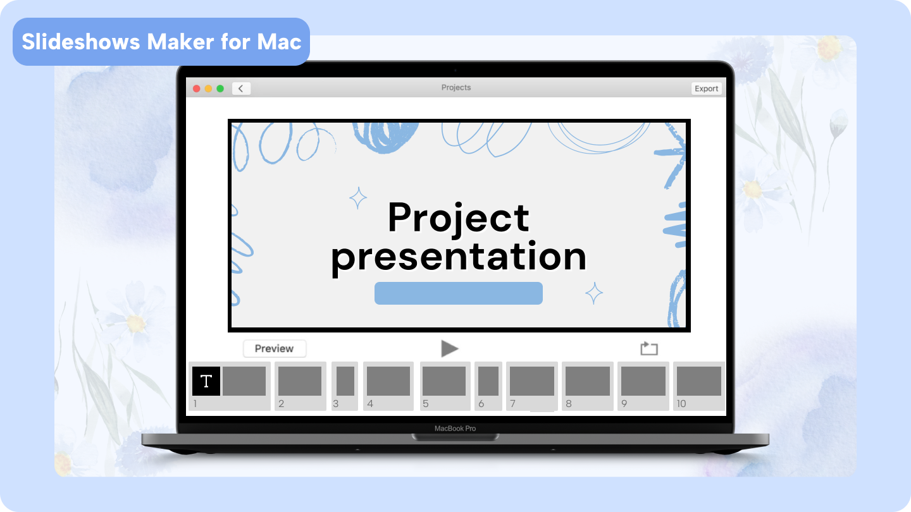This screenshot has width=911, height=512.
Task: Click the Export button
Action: [x=706, y=88]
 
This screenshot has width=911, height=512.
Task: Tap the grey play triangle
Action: [x=449, y=348]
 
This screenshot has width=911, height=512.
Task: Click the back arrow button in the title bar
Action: [x=241, y=88]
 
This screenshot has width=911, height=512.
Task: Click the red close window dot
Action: [x=196, y=88]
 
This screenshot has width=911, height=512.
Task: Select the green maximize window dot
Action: [x=220, y=88]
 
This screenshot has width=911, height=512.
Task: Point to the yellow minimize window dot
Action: [x=208, y=88]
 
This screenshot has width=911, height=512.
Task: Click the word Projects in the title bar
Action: [x=456, y=88]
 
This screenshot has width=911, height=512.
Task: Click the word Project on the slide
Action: [x=458, y=218]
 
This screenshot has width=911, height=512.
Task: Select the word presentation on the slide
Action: [x=459, y=257]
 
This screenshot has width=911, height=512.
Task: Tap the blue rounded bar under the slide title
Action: [x=459, y=293]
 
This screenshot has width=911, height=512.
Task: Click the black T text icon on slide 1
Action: [x=206, y=381]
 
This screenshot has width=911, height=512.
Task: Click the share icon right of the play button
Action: [x=649, y=348]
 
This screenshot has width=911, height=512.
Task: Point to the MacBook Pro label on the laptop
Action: [x=455, y=429]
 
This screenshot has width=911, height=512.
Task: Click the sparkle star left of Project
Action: [x=358, y=198]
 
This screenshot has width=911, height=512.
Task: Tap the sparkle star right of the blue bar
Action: [x=593, y=293]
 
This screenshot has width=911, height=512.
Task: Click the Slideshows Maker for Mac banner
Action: [x=161, y=42]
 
